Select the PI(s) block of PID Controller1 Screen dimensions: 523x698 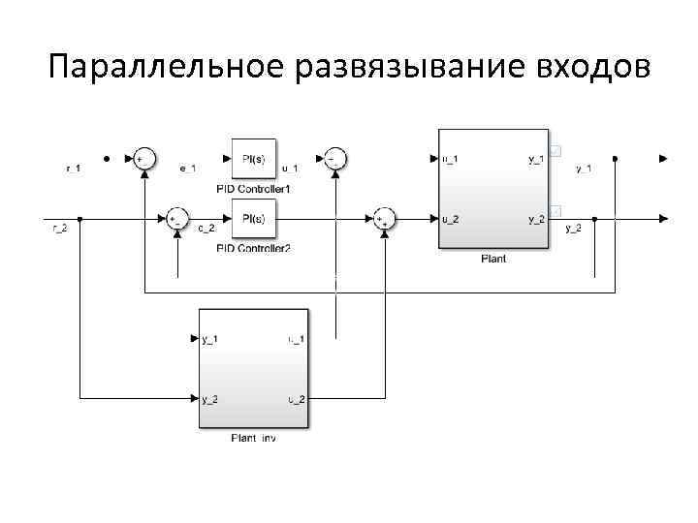254,158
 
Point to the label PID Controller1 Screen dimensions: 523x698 254,187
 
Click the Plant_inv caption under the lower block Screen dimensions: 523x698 254,439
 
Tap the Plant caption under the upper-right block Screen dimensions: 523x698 493,259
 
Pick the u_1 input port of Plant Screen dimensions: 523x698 450,158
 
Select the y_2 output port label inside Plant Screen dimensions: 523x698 535,219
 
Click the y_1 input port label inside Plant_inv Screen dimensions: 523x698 210,338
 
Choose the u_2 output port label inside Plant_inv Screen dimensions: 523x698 296,398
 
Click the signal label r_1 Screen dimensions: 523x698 73,169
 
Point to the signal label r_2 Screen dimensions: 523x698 59,229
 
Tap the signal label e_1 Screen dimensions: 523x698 188,169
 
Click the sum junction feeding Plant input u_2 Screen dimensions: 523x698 385,219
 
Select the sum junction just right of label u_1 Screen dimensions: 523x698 335,158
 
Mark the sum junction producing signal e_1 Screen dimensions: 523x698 143,158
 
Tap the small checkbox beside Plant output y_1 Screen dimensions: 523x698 556,150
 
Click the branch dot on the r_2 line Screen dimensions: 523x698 80,219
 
